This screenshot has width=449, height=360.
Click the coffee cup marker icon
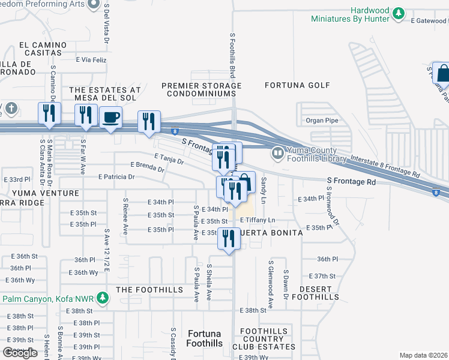110,118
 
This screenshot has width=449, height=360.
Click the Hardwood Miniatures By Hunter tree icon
397,13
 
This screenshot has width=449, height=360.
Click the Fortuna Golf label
298,85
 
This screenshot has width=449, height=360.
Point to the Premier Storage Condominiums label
201,90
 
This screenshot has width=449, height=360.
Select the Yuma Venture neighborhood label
44,193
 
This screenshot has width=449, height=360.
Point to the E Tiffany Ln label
258,220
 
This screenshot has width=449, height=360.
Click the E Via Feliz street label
91,60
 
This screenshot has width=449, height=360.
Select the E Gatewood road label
429,20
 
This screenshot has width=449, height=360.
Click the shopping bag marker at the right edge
442,74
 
